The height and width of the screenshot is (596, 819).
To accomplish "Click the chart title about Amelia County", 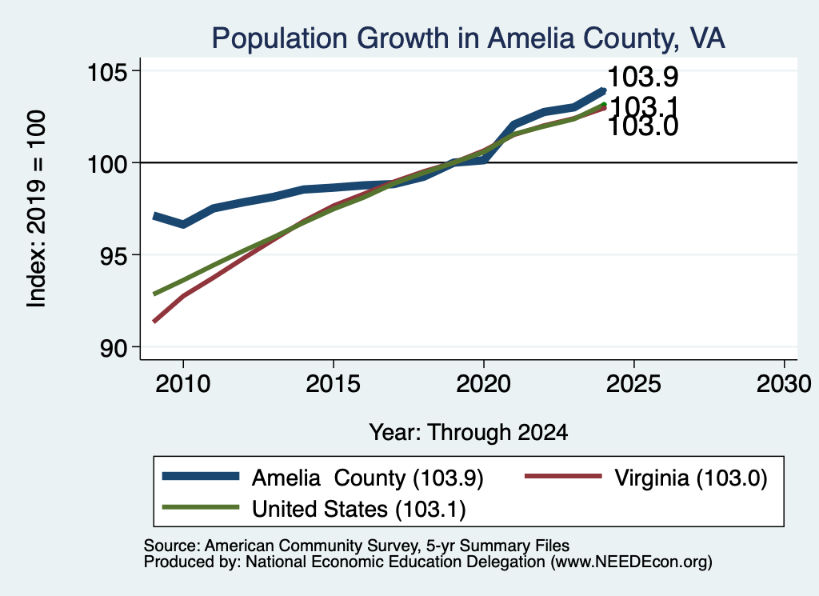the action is pyautogui.click(x=468, y=38).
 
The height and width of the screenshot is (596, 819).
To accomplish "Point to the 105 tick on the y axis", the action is pyautogui.click(x=107, y=71).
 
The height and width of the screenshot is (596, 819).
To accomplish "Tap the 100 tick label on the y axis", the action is pyautogui.click(x=107, y=163).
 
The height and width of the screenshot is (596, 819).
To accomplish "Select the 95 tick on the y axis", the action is pyautogui.click(x=114, y=255).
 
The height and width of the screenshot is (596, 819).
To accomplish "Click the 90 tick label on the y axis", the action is pyautogui.click(x=114, y=347).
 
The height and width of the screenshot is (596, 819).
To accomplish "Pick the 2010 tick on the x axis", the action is pyautogui.click(x=183, y=384).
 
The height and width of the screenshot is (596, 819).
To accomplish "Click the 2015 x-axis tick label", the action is pyautogui.click(x=334, y=384).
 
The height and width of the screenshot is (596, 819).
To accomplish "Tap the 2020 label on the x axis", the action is pyautogui.click(x=484, y=384).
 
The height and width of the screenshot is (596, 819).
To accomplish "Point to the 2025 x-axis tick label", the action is pyautogui.click(x=633, y=384).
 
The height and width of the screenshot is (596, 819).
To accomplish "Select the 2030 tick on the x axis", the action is pyautogui.click(x=784, y=384).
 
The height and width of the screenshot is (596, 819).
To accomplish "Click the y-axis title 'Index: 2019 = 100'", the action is pyautogui.click(x=37, y=209).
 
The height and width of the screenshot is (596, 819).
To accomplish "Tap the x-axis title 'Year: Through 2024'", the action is pyautogui.click(x=469, y=433).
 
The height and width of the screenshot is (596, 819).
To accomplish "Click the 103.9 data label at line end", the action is pyautogui.click(x=643, y=77).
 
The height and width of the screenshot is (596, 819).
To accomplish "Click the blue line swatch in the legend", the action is pyautogui.click(x=201, y=476).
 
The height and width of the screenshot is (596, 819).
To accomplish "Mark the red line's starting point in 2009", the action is pyautogui.click(x=154, y=321).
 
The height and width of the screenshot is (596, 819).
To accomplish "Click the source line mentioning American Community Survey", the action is pyautogui.click(x=357, y=546).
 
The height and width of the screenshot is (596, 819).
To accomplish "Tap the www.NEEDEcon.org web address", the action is pyautogui.click(x=631, y=562).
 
